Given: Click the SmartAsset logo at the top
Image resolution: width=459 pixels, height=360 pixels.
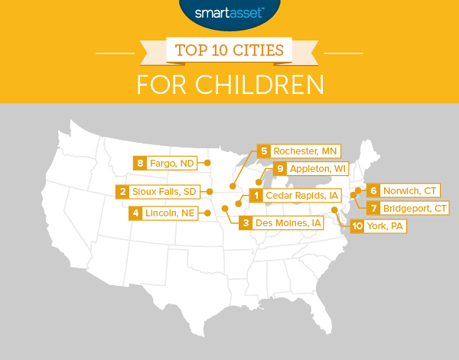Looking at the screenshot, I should tap(230, 12).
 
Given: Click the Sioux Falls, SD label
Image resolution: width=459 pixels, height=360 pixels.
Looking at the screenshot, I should tap(165, 191).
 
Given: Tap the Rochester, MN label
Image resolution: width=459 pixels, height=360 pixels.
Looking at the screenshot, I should tap(305, 151).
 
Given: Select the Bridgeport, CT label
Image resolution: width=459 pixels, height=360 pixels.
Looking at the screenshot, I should tap(415, 208).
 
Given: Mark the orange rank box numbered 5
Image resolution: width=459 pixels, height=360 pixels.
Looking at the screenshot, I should tap(264, 151).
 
